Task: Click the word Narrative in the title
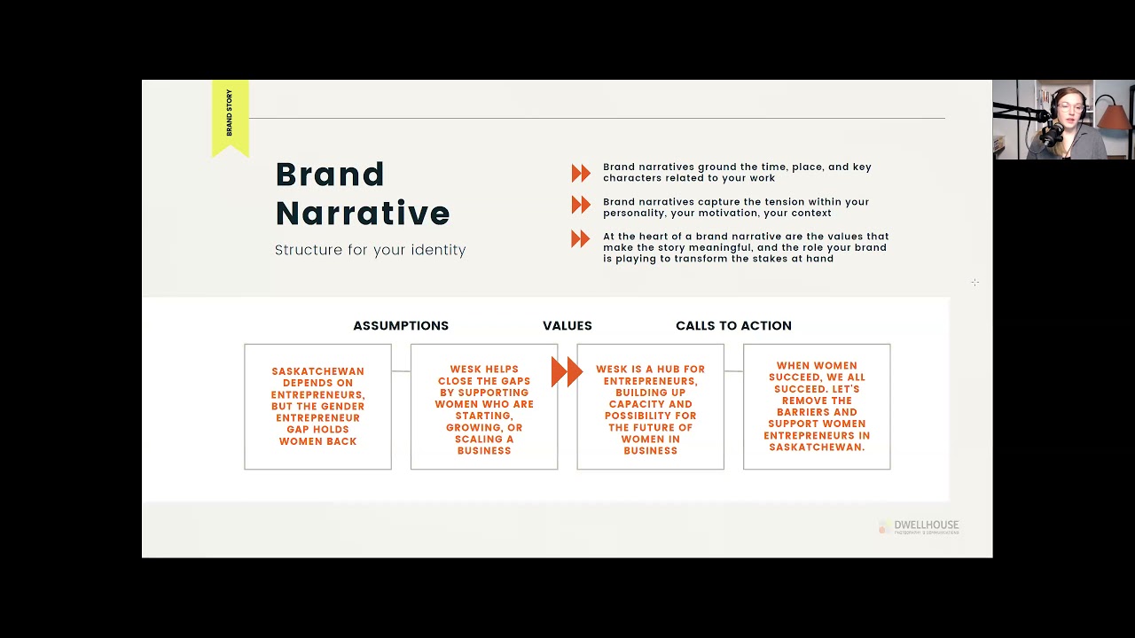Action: tap(363, 214)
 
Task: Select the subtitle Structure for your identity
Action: tap(370, 250)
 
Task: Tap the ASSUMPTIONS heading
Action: tap(401, 325)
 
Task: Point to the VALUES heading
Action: tap(567, 325)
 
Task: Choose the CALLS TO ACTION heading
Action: tap(733, 325)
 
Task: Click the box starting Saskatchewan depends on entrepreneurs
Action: tap(317, 407)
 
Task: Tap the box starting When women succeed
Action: tap(817, 407)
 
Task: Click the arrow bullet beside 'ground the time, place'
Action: tap(581, 173)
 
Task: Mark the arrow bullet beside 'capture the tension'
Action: tap(581, 206)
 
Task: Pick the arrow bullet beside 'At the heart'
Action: tap(581, 238)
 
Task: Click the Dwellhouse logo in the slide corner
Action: tap(919, 526)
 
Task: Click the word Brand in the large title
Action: tap(330, 175)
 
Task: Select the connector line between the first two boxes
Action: tap(401, 371)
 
